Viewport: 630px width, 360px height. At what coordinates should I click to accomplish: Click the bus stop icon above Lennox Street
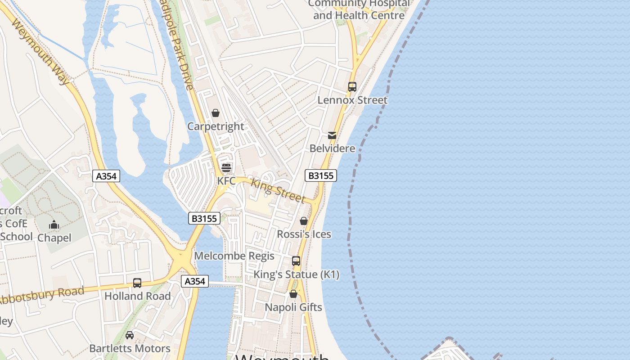[352, 87]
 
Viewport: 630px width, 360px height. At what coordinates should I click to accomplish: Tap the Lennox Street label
[352, 100]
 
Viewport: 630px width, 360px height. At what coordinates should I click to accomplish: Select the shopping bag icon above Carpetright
[216, 113]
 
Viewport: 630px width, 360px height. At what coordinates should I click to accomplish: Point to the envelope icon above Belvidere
[332, 135]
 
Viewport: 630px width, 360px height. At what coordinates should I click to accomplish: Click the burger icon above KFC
[226, 167]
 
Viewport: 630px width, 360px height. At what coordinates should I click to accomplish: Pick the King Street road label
[278, 191]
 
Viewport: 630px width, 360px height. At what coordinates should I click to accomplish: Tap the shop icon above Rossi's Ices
[304, 221]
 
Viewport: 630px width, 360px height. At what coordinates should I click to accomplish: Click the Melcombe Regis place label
[234, 256]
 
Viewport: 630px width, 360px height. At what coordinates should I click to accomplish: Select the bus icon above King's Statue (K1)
[296, 261]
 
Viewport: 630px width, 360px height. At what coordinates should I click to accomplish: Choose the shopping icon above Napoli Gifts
[293, 294]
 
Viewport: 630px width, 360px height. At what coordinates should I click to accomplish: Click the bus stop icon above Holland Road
[137, 283]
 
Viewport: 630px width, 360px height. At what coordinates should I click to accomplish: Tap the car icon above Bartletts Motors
[130, 335]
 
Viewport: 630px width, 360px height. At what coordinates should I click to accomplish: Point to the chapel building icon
[54, 224]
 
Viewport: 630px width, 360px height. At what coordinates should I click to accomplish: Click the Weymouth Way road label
[40, 51]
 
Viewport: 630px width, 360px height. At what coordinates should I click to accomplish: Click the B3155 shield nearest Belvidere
[321, 175]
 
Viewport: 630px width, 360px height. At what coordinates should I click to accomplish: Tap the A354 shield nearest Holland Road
[195, 281]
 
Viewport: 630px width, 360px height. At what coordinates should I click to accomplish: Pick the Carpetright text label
[216, 126]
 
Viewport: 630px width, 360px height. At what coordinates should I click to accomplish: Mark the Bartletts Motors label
[130, 348]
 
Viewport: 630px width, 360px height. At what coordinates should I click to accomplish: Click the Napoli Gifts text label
[293, 307]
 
